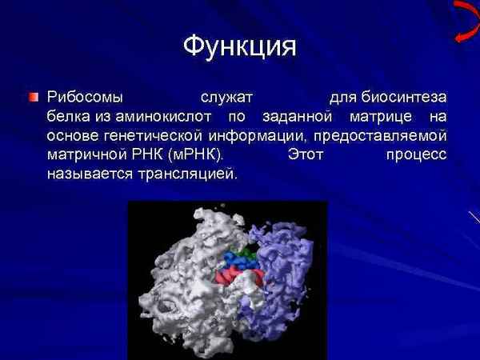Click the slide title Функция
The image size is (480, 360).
click(239, 46)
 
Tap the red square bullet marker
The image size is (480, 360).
click(33, 98)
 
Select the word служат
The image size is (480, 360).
click(226, 98)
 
